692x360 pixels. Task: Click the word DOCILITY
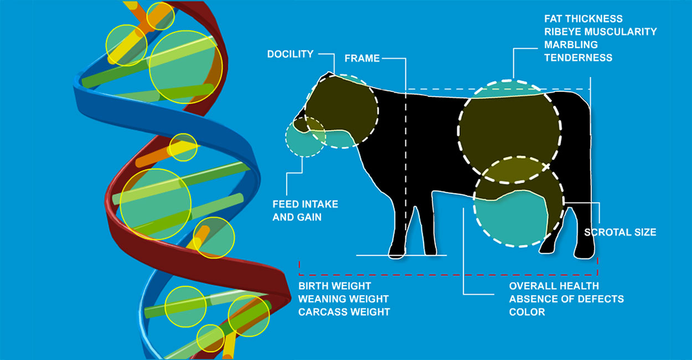[290, 54]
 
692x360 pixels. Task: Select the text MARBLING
[571, 44]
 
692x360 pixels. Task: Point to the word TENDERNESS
[578, 57]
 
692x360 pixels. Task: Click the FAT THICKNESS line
[583, 19]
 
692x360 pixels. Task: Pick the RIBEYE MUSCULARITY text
[600, 32]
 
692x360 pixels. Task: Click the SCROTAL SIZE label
[620, 232]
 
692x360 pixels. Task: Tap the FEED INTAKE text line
[304, 204]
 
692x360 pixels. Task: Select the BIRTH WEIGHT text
[334, 286]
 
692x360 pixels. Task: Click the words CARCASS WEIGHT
[344, 312]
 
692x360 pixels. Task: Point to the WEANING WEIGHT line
[343, 299]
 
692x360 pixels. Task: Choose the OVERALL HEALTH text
[554, 286]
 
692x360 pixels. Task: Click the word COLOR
[527, 312]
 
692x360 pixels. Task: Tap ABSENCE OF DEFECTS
[566, 299]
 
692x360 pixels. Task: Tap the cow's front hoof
[397, 254]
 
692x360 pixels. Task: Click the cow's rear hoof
[583, 255]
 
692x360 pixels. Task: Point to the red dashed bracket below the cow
[448, 274]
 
